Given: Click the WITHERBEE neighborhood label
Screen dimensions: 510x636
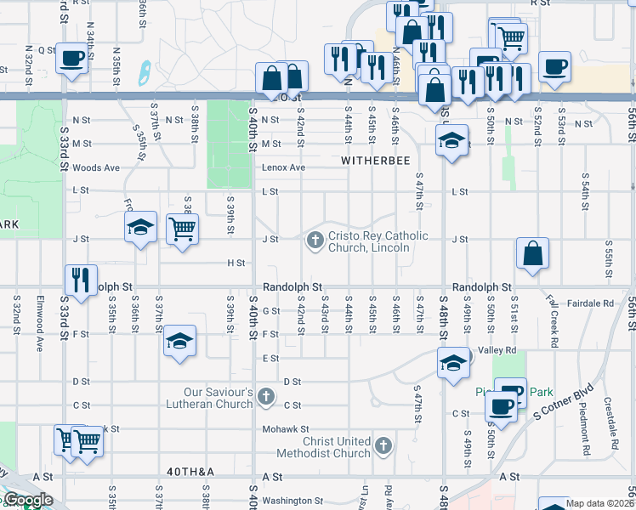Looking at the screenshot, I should click(376, 160).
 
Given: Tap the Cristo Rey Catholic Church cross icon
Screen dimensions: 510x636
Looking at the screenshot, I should click(315, 241).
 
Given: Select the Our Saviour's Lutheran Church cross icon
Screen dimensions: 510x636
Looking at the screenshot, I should click(266, 397).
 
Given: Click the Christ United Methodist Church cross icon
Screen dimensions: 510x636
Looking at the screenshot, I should click(383, 445).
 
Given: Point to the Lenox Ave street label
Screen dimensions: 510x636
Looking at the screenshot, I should click(284, 167).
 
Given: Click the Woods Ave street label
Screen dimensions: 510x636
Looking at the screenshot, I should click(96, 167).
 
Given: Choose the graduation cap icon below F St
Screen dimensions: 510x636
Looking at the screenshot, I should click(179, 341).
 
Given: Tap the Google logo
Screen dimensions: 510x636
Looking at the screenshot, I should click(27, 500).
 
